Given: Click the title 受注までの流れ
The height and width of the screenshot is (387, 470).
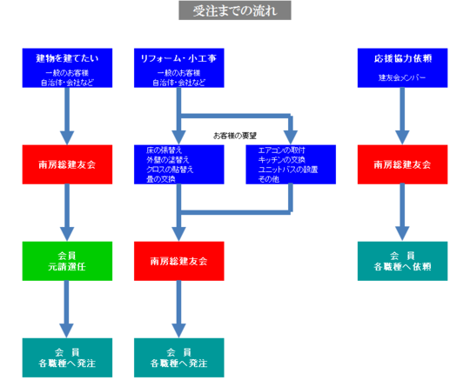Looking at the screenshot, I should tap(235, 11).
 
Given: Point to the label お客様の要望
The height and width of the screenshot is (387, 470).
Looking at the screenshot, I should tap(235, 136).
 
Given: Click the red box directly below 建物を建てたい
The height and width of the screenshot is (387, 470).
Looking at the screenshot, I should tap(66, 164).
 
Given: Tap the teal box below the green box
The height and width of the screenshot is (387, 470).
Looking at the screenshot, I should tap(66, 357).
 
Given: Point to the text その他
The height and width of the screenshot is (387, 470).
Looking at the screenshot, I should tap(268, 178).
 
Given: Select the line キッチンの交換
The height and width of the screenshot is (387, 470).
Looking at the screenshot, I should tap(284, 159).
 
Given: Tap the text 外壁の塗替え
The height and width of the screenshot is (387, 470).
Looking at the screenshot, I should tap(164, 159).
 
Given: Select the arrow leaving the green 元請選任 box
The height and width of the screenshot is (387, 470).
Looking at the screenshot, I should tap(66, 309).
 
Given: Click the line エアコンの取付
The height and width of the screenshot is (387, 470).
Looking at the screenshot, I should tap(283, 150).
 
